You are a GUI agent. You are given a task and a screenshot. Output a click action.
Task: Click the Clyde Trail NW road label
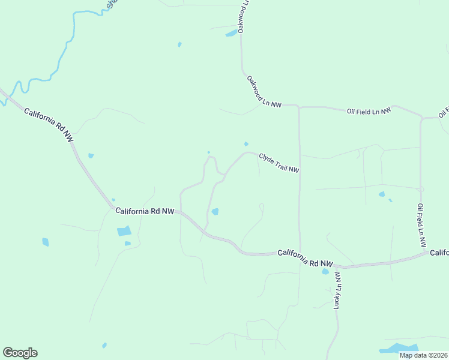click(x=279, y=163)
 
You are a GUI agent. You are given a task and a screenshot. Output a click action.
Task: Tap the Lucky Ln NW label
click(x=337, y=290)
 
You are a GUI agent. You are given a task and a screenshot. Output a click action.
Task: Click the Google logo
click(x=20, y=353)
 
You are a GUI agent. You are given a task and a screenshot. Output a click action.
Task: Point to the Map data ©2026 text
click(x=424, y=355)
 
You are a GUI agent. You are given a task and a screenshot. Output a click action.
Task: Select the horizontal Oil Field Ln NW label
click(x=369, y=111)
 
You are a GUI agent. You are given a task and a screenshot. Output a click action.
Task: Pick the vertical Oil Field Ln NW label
click(x=421, y=225)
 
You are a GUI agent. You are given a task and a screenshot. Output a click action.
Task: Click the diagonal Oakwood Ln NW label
click(x=264, y=92)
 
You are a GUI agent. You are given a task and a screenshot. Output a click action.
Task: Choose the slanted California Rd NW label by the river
click(x=49, y=124)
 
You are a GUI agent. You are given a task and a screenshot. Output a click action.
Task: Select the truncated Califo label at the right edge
click(x=439, y=253)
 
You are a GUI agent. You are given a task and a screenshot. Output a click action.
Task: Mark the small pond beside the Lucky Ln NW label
click(x=325, y=271)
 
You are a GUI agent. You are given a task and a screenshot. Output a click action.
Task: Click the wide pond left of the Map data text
click(x=398, y=348)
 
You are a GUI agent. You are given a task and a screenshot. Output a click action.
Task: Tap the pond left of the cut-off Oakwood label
click(x=231, y=34)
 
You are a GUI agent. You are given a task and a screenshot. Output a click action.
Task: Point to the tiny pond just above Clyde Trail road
click(x=246, y=143)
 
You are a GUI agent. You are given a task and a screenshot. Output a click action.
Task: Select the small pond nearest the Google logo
click(x=104, y=345)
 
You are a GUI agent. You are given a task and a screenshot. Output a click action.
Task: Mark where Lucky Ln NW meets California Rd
click(x=336, y=266)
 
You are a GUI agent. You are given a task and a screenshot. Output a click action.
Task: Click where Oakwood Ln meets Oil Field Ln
click(x=298, y=107)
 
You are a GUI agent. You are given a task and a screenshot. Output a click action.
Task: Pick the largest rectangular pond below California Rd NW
click(x=124, y=231)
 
